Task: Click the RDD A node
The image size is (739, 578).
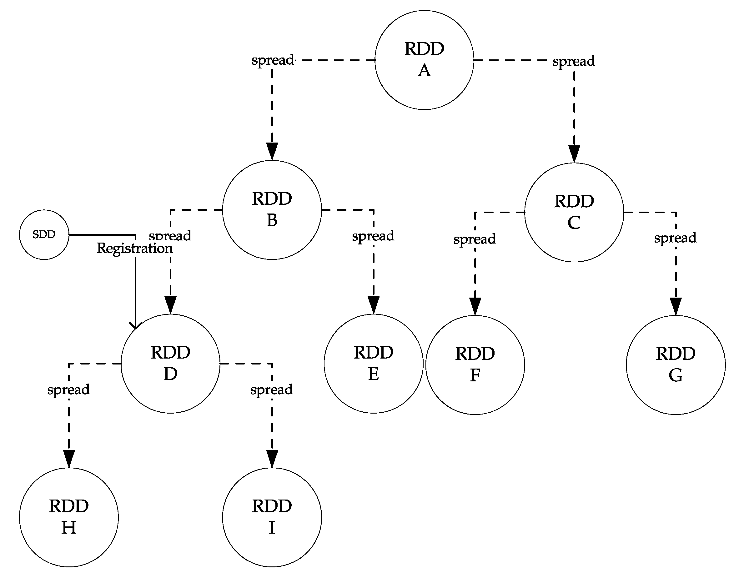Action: pyautogui.click(x=424, y=60)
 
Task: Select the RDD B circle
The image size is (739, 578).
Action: pyautogui.click(x=272, y=210)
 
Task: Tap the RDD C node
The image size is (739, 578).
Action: pyautogui.click(x=574, y=212)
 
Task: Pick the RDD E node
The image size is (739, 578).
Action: pyautogui.click(x=373, y=364)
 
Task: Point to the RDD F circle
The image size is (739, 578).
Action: pyautogui.click(x=475, y=365)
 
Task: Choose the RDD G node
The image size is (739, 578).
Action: pyautogui.click(x=676, y=365)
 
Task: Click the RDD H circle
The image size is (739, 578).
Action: pyautogui.click(x=69, y=517)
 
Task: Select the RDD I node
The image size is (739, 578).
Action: pyautogui.click(x=272, y=517)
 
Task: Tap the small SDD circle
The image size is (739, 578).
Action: pyautogui.click(x=44, y=234)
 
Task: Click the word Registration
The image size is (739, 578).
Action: pyautogui.click(x=135, y=249)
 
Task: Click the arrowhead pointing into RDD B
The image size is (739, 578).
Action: pyautogui.click(x=272, y=151)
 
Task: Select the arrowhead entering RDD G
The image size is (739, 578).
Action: pyautogui.click(x=676, y=306)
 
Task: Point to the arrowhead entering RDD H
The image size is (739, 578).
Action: pyautogui.click(x=69, y=459)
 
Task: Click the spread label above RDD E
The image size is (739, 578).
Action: pyautogui.click(x=373, y=236)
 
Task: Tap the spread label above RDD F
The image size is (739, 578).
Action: pyautogui.click(x=475, y=239)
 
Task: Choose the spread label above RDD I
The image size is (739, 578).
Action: pyautogui.click(x=271, y=390)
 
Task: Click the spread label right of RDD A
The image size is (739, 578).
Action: pyautogui.click(x=574, y=61)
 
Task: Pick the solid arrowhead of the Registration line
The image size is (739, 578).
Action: pyautogui.click(x=135, y=325)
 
